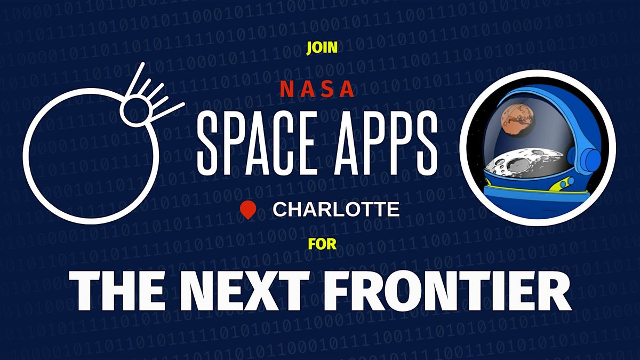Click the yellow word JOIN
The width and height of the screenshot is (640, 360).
click(322, 47)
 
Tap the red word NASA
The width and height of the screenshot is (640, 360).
click(317, 89)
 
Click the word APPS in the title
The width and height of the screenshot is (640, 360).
click(386, 143)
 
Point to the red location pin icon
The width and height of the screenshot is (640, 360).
click(247, 210)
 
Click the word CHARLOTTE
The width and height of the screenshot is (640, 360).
click(336, 210)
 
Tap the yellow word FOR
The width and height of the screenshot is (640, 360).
click(322, 244)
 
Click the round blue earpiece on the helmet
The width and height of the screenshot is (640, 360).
click(589, 161)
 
